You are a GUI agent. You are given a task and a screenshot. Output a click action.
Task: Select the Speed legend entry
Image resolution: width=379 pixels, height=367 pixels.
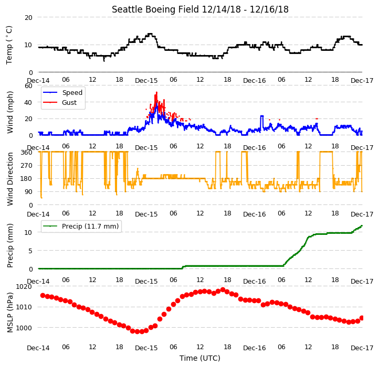point(62,92)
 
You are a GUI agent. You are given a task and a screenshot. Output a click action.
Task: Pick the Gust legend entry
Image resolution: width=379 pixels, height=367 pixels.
point(60,102)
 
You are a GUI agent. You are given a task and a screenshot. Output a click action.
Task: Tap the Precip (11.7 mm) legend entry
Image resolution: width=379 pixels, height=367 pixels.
point(81,226)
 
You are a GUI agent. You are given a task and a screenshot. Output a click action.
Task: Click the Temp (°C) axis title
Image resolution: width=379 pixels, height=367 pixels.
point(9,45)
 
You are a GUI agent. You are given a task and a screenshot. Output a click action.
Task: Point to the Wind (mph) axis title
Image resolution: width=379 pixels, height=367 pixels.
point(9,112)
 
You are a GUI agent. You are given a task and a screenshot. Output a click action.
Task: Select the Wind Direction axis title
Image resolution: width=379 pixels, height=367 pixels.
point(9,179)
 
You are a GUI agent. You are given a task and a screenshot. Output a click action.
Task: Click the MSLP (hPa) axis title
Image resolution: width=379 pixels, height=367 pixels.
point(9,312)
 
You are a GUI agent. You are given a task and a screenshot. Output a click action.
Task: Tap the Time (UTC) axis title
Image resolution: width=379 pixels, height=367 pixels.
point(200,358)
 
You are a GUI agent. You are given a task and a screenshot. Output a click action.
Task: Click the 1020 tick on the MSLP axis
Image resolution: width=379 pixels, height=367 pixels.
point(24,287)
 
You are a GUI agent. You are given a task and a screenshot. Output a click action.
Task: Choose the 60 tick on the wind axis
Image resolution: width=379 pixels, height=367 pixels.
point(28,85)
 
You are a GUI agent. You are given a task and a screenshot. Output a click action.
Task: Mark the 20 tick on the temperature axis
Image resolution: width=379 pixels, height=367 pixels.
point(28,17)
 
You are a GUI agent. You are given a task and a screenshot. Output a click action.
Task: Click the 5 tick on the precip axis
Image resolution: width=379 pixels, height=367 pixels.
point(30,251)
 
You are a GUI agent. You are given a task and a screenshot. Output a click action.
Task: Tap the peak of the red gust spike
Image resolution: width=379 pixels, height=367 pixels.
point(156,92)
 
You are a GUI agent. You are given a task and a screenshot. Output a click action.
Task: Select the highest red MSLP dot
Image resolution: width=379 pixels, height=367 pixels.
point(223,289)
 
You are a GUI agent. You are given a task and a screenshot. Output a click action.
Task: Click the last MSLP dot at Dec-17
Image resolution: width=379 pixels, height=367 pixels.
point(362,318)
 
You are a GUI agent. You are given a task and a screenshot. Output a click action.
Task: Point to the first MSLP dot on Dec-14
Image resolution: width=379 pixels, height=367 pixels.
point(43,295)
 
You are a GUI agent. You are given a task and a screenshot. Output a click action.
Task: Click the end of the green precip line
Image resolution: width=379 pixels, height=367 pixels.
point(362,226)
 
